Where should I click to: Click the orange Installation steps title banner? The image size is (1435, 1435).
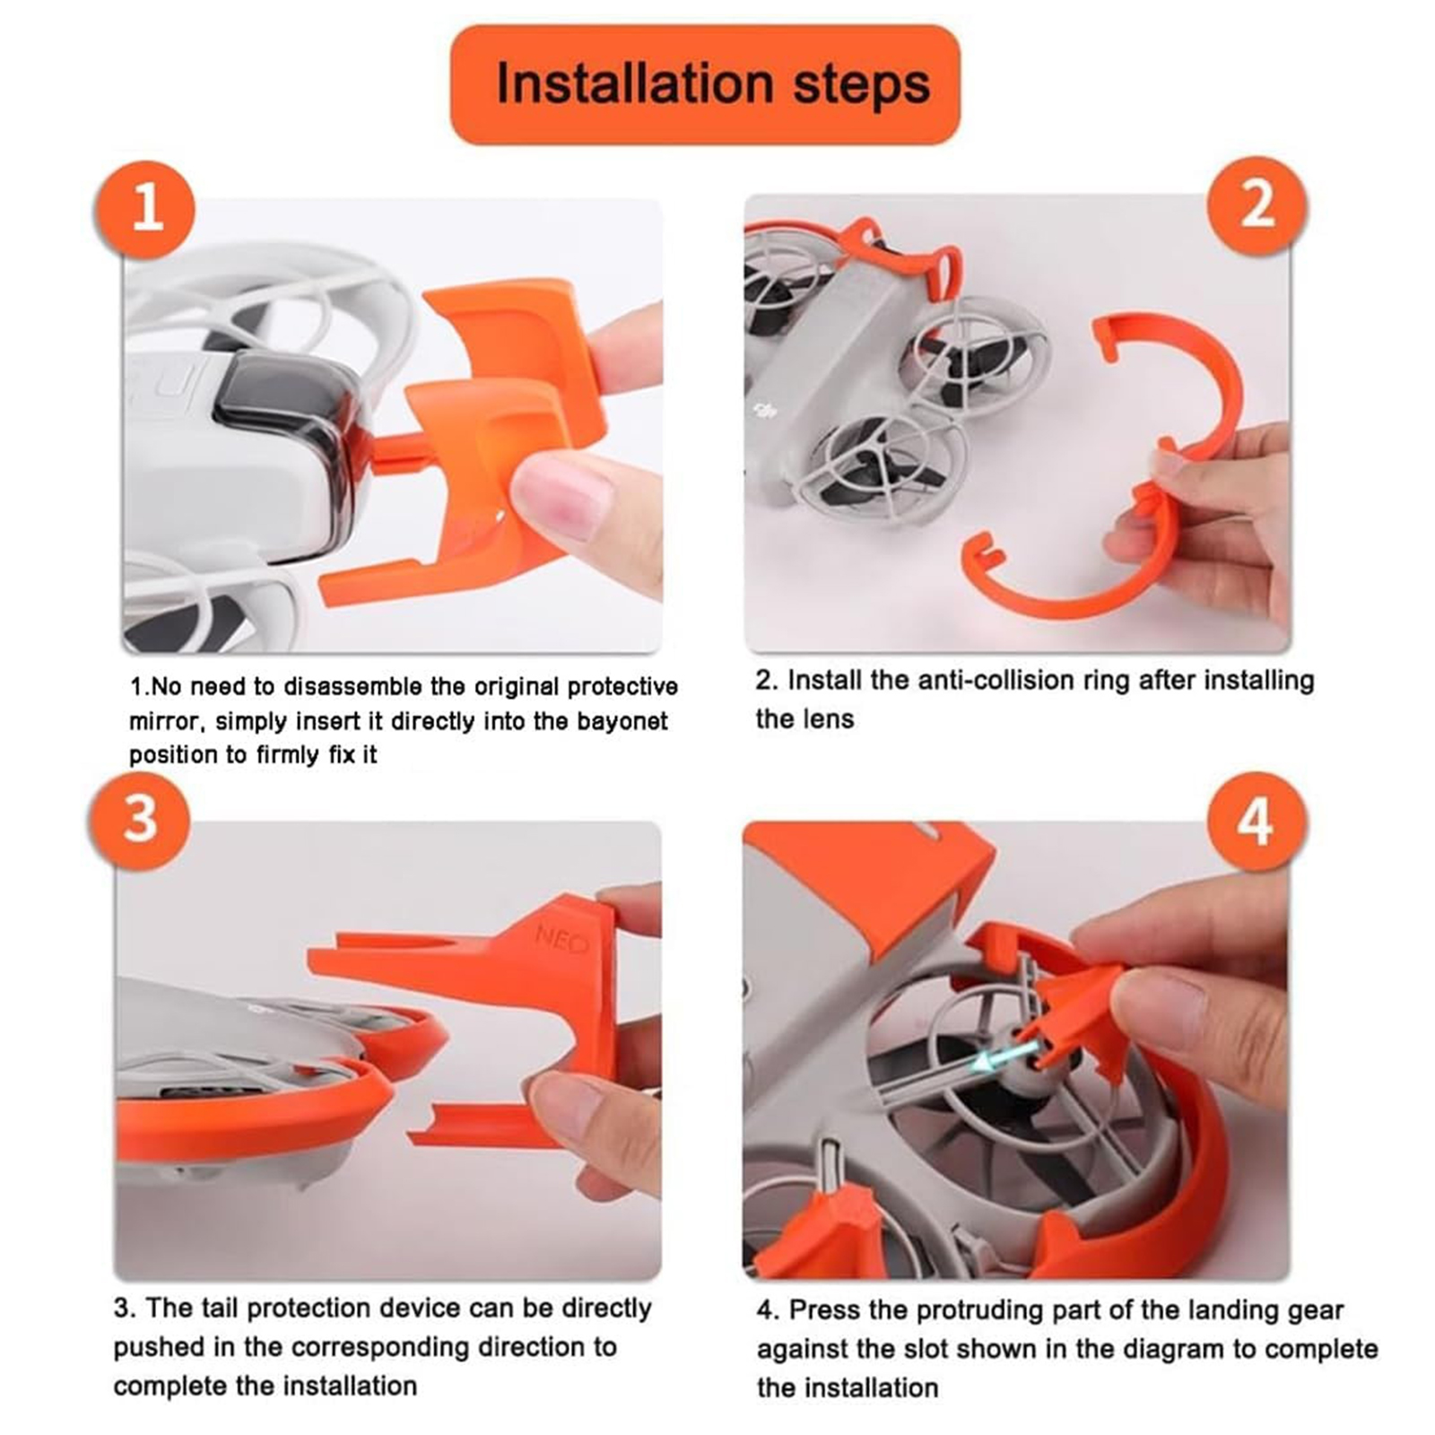point(705,84)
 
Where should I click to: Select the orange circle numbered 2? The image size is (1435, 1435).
point(1257,205)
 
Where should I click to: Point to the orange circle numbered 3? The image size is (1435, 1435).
point(140,820)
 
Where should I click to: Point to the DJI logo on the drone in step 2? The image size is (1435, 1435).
point(765,412)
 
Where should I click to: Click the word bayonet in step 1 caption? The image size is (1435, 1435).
point(622,721)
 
